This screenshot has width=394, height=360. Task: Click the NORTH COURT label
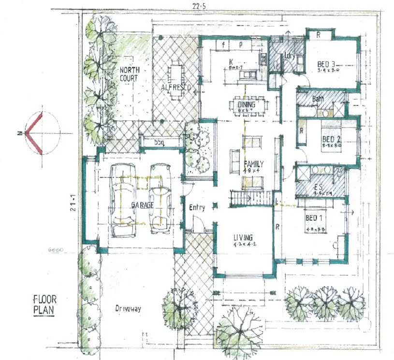129,74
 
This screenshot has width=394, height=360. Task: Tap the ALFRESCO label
176,87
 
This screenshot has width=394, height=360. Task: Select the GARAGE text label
142,205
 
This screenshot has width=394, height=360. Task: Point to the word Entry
197,207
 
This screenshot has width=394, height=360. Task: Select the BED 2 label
332,139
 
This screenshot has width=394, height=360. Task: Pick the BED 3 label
327,64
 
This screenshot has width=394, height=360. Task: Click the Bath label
318,99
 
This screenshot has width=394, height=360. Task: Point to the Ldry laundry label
290,55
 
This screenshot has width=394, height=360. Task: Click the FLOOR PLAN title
46,302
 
